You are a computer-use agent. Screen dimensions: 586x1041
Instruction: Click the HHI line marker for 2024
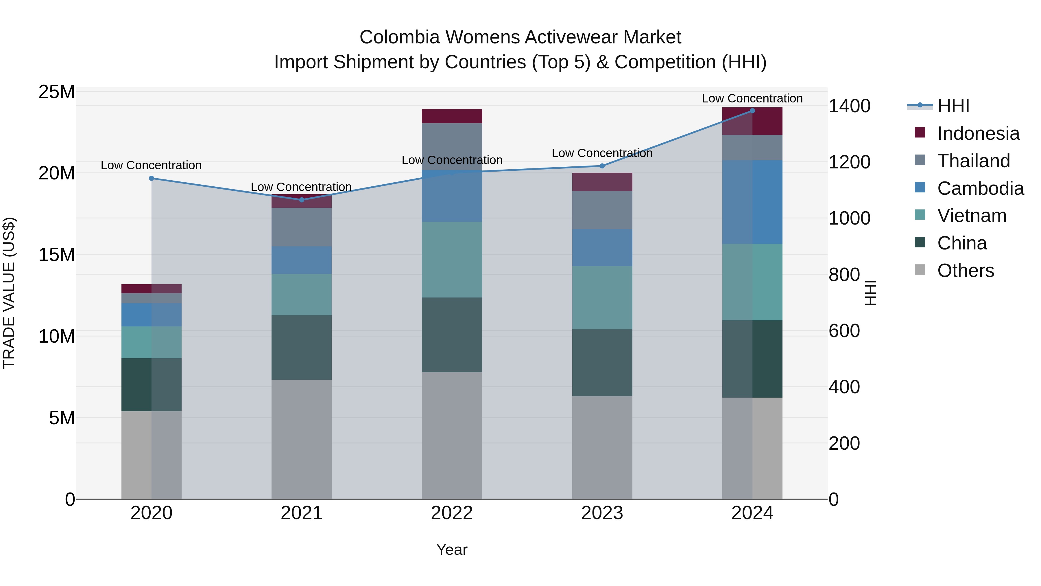(x=752, y=111)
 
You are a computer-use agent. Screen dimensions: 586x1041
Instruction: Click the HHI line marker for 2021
(x=302, y=200)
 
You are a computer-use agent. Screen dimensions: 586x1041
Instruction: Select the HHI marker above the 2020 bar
(x=152, y=178)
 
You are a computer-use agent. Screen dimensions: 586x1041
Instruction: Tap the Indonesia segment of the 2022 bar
(x=452, y=116)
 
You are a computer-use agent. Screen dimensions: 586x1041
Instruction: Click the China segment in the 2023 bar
(x=602, y=362)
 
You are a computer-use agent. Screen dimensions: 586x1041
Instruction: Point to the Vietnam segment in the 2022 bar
(x=452, y=259)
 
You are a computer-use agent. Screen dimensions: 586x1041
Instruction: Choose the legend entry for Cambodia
(x=980, y=188)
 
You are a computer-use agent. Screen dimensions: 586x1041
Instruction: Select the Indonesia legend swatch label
(x=978, y=133)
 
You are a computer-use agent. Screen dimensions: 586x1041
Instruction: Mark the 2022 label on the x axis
(x=452, y=513)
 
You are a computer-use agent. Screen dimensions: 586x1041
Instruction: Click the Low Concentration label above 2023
(x=602, y=153)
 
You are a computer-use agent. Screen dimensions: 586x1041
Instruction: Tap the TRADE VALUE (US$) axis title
(x=9, y=293)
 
